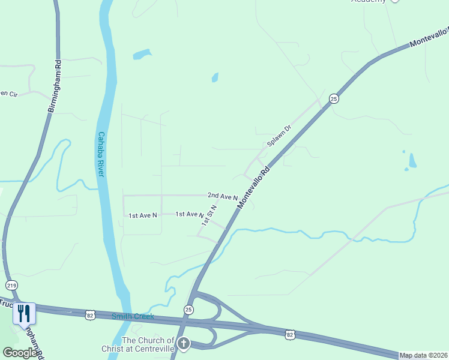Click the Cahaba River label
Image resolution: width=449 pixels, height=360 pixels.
(101, 154)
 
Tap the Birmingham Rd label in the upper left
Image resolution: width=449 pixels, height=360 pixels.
(55, 86)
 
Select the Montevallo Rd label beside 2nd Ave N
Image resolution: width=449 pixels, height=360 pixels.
(254, 187)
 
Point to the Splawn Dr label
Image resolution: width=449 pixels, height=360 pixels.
(279, 136)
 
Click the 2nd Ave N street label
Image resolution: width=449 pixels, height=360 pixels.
(223, 196)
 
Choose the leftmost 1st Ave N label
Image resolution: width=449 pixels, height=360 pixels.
(143, 215)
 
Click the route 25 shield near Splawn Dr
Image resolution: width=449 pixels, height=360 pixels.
(334, 98)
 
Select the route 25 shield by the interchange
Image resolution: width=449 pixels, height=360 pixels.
(189, 310)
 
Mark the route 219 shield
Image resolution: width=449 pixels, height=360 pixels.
(11, 285)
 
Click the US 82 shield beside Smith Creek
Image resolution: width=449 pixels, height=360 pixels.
(90, 314)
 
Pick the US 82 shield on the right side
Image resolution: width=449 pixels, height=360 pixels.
(291, 334)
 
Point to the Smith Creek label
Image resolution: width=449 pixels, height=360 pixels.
(133, 316)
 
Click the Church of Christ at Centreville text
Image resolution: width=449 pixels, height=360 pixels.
(148, 344)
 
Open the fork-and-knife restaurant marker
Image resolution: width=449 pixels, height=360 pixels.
(24, 314)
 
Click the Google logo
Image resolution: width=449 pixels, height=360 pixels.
(19, 353)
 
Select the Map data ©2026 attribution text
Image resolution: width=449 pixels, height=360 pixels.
(423, 355)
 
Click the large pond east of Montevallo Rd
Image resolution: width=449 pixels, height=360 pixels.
(412, 161)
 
